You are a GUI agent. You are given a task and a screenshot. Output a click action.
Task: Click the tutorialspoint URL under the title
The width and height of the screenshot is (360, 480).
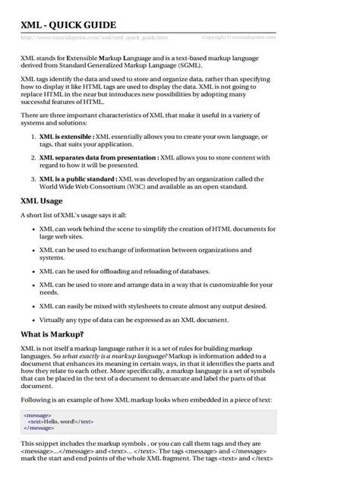pyautogui.click(x=94, y=37)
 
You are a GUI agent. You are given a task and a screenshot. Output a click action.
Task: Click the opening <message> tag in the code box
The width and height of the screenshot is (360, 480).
pyautogui.click(x=38, y=415)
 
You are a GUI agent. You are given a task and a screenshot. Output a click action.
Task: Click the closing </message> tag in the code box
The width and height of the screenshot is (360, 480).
pyautogui.click(x=39, y=428)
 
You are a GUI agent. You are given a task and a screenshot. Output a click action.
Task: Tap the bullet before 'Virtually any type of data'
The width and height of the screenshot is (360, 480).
pyautogui.click(x=30, y=321)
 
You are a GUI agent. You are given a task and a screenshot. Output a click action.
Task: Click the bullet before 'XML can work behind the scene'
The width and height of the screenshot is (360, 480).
pyautogui.click(x=30, y=229)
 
